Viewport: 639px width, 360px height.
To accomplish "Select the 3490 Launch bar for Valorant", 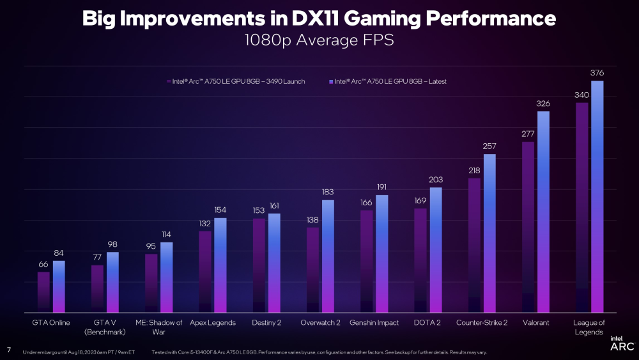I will pyautogui.click(x=528, y=227).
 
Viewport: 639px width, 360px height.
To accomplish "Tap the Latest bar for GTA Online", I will pyautogui.click(x=59, y=286).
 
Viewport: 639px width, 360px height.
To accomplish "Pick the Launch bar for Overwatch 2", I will pyautogui.click(x=312, y=269).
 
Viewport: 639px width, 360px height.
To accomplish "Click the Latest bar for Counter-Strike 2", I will pyautogui.click(x=489, y=233).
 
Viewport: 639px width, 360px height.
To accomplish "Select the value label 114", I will pyautogui.click(x=166, y=234).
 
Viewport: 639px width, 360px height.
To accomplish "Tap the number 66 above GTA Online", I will pyautogui.click(x=43, y=263).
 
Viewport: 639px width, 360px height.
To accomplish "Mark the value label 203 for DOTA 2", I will pyautogui.click(x=436, y=180).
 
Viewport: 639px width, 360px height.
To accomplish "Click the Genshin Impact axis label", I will pyautogui.click(x=374, y=323).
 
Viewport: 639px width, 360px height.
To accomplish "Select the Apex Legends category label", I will pyautogui.click(x=213, y=323).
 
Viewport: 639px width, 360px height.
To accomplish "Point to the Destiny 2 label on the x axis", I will pyautogui.click(x=266, y=323).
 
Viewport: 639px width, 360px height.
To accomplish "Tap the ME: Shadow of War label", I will pyautogui.click(x=158, y=327).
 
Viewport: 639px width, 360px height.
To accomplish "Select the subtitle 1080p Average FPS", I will pyautogui.click(x=319, y=41).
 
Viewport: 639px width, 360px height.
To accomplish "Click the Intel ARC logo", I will pyautogui.click(x=622, y=343).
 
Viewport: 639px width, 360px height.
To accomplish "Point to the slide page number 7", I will pyautogui.click(x=9, y=350).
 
